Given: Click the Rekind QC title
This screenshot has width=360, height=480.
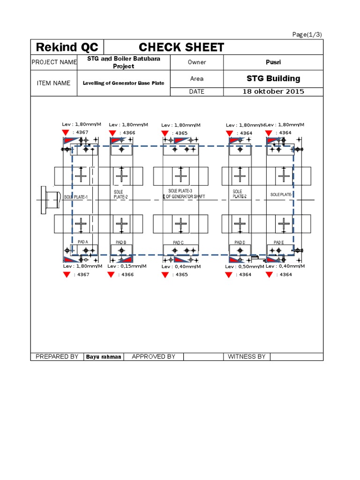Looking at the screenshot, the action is click(67, 47).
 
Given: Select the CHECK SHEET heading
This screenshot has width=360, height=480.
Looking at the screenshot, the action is click(181, 47).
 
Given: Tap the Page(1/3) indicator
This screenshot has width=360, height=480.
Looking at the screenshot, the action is click(307, 35).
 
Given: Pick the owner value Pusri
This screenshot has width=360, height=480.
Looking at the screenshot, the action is click(273, 62).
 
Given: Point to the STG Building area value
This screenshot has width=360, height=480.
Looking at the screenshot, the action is click(273, 79).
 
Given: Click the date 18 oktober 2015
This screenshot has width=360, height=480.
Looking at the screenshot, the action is click(273, 91).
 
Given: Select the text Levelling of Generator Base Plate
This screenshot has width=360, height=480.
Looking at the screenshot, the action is click(124, 83).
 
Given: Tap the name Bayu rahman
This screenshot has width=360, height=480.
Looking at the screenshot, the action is click(104, 357).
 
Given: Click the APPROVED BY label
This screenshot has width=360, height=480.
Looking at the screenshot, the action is click(153, 357).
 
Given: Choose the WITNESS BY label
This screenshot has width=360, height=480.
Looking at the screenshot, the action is click(247, 357).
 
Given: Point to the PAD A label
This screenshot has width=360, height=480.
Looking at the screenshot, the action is click(83, 242).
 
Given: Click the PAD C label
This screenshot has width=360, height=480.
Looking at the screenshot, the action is click(178, 242).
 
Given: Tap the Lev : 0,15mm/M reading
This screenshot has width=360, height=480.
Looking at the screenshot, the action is click(127, 266).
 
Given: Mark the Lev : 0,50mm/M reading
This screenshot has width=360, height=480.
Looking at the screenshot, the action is click(245, 267).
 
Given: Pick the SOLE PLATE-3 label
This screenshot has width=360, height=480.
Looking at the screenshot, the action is click(180, 191).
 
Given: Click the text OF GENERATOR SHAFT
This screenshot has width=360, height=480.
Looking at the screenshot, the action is click(185, 196).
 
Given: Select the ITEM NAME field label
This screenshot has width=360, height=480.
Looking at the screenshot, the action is click(54, 83).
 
